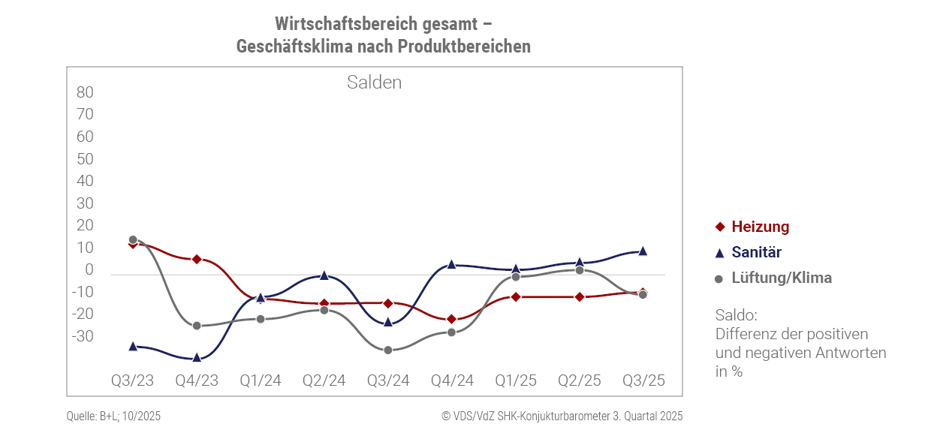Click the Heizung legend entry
(x=760, y=227)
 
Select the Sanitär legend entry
(x=756, y=253)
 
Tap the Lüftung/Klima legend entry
(x=781, y=278)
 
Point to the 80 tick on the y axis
(x=85, y=92)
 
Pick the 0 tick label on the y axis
(x=89, y=269)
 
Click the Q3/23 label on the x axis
(x=132, y=380)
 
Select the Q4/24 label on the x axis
(x=452, y=380)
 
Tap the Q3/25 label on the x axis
(x=643, y=380)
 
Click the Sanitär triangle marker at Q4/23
(x=197, y=358)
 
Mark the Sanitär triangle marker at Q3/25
(x=643, y=251)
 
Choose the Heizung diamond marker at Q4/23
(x=197, y=259)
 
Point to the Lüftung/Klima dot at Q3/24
(x=388, y=350)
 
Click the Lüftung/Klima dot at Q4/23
(x=197, y=326)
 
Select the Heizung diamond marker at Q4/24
(x=451, y=320)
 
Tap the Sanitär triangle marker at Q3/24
(x=388, y=322)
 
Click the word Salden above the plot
(x=374, y=83)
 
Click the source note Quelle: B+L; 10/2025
(x=113, y=416)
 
